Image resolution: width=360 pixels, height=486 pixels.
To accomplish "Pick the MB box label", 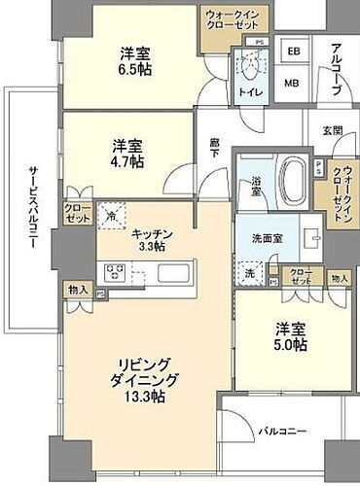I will (x=291, y=83).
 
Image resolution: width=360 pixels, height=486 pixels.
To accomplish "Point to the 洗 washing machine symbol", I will (x=250, y=273).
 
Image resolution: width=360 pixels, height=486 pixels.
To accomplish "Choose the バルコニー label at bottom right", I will (x=281, y=429).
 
